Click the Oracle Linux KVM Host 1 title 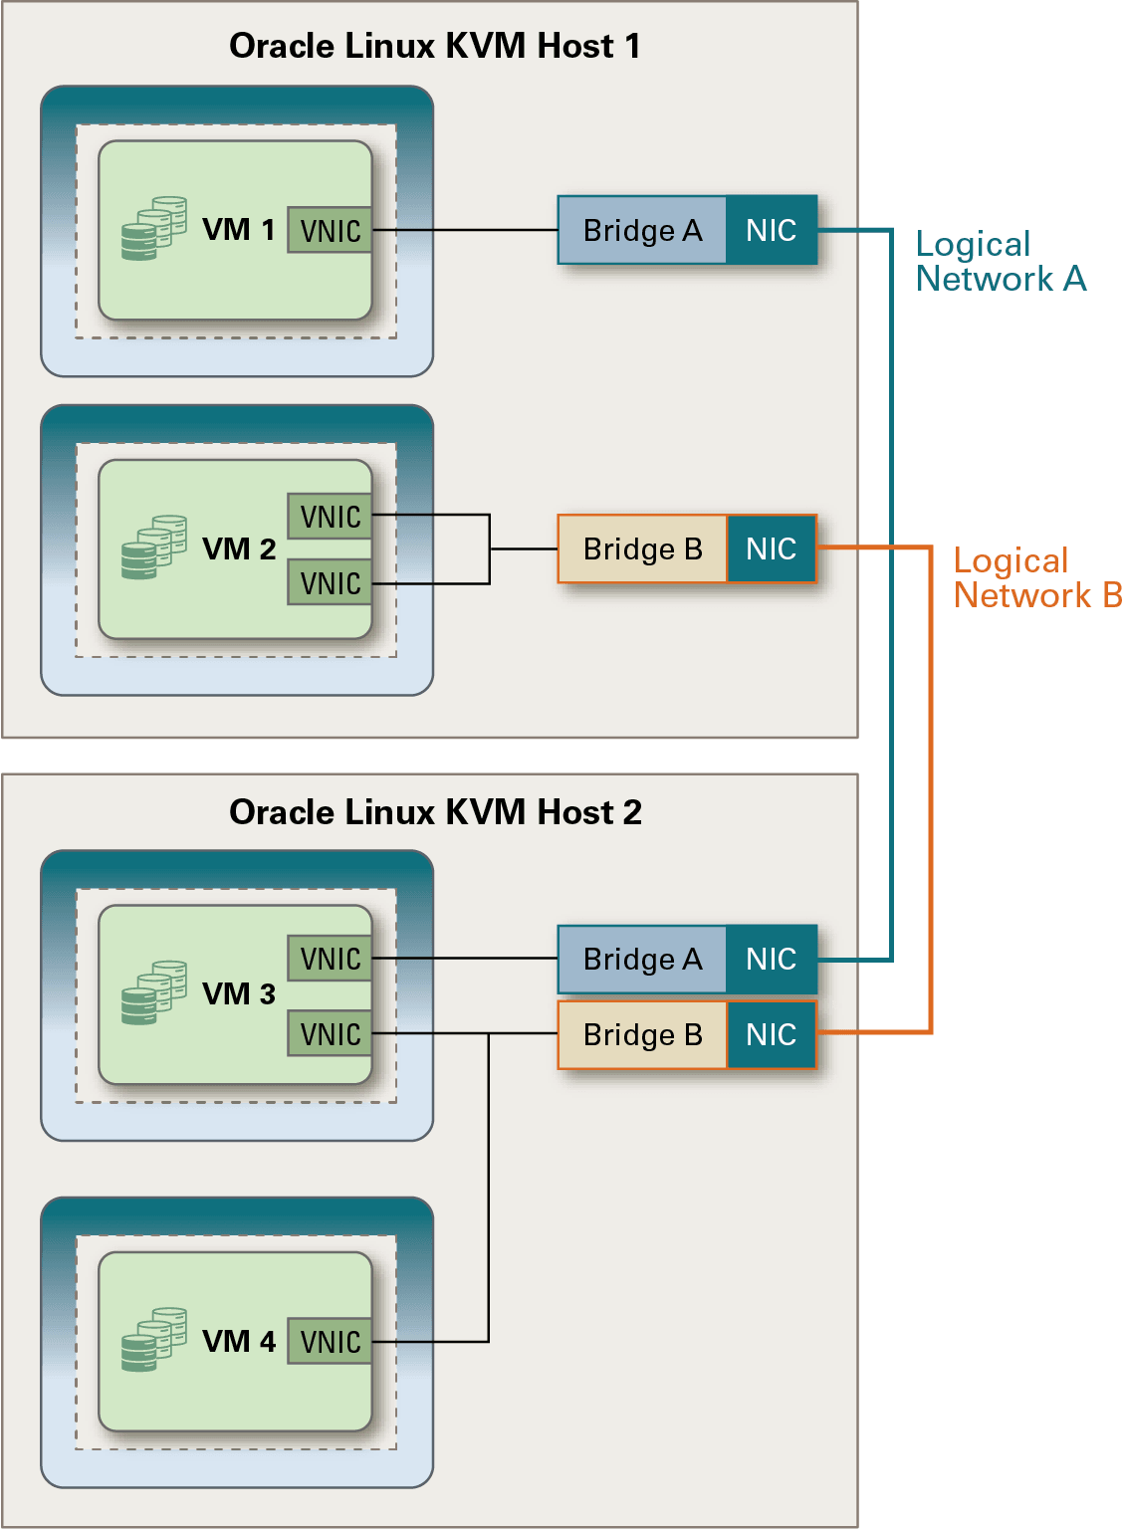435,46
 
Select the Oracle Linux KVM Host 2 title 435,812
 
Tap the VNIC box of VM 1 330,230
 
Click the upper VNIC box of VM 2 330,516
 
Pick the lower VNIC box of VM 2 330,582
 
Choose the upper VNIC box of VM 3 330,958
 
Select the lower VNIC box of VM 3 330,1033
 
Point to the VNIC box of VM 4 330,1341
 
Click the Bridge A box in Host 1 642,230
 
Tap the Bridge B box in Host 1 642,548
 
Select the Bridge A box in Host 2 642,959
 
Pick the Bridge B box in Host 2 642,1034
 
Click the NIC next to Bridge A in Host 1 772,230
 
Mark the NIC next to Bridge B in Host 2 772,1034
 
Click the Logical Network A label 1000,261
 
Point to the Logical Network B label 1036,577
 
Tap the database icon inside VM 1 153,229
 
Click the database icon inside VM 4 153,1340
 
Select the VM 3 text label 239,993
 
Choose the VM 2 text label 239,548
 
